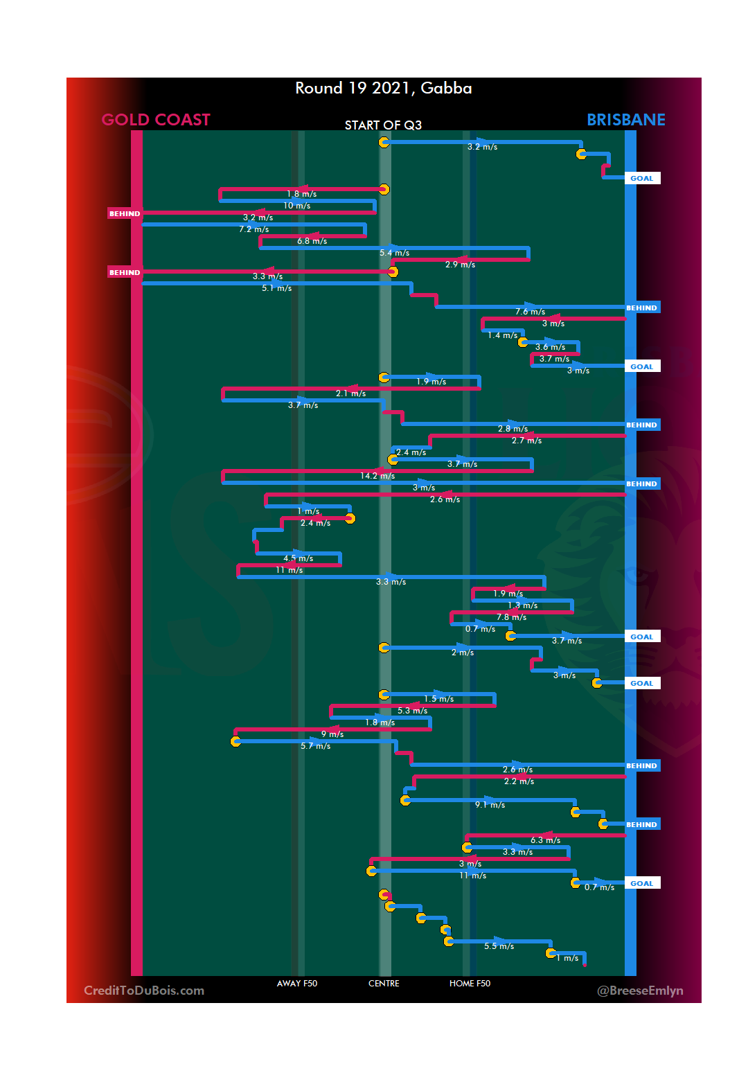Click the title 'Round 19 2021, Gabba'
[x=383, y=88]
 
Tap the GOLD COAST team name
[x=156, y=120]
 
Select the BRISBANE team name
[x=625, y=120]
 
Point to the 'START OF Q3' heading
[x=383, y=125]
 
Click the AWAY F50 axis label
[x=296, y=983]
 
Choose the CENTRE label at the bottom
[x=384, y=983]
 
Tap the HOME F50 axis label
[x=470, y=983]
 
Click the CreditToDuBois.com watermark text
[x=144, y=990]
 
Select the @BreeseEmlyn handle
[x=640, y=990]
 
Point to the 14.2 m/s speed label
[x=377, y=476]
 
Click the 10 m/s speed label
[x=296, y=206]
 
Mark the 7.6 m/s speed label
[x=530, y=312]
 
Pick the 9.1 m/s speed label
[x=490, y=805]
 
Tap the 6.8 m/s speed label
[x=312, y=241]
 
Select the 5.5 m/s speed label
[x=499, y=946]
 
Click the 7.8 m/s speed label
[x=511, y=617]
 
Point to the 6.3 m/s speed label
[x=545, y=840]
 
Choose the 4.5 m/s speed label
[x=298, y=558]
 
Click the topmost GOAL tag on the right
[x=642, y=178]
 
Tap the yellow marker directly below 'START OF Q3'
[x=384, y=142]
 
